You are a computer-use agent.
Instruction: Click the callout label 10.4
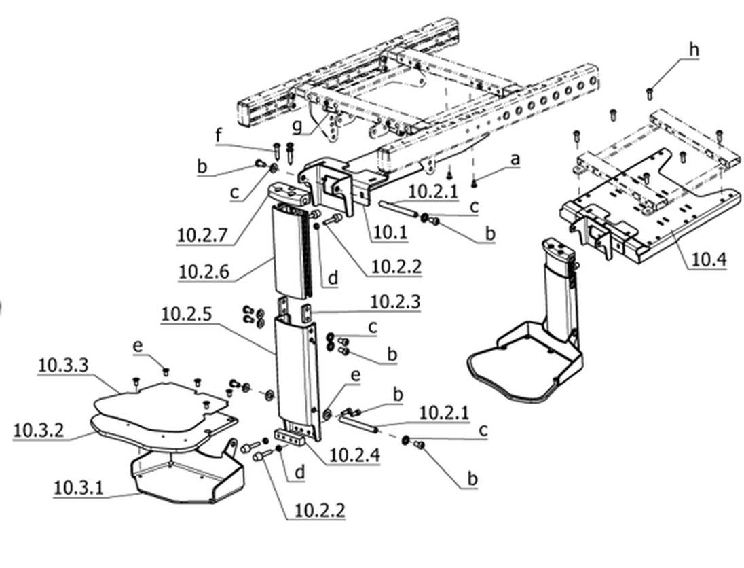709,260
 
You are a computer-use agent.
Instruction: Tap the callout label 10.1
390,233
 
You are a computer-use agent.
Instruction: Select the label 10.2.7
202,235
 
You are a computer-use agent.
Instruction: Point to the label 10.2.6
204,272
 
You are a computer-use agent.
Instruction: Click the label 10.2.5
186,315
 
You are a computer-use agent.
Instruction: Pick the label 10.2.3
395,302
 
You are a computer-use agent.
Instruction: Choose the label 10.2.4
354,455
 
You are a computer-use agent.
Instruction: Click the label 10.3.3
63,366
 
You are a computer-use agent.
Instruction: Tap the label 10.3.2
38,430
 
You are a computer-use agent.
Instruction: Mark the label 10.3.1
78,488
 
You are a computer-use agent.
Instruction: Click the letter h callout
694,50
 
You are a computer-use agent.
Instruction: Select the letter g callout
297,126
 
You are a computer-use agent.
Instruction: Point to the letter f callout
219,135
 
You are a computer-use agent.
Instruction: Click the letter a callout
515,160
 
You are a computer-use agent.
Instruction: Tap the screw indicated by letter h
650,94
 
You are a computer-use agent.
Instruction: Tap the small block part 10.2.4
289,436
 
